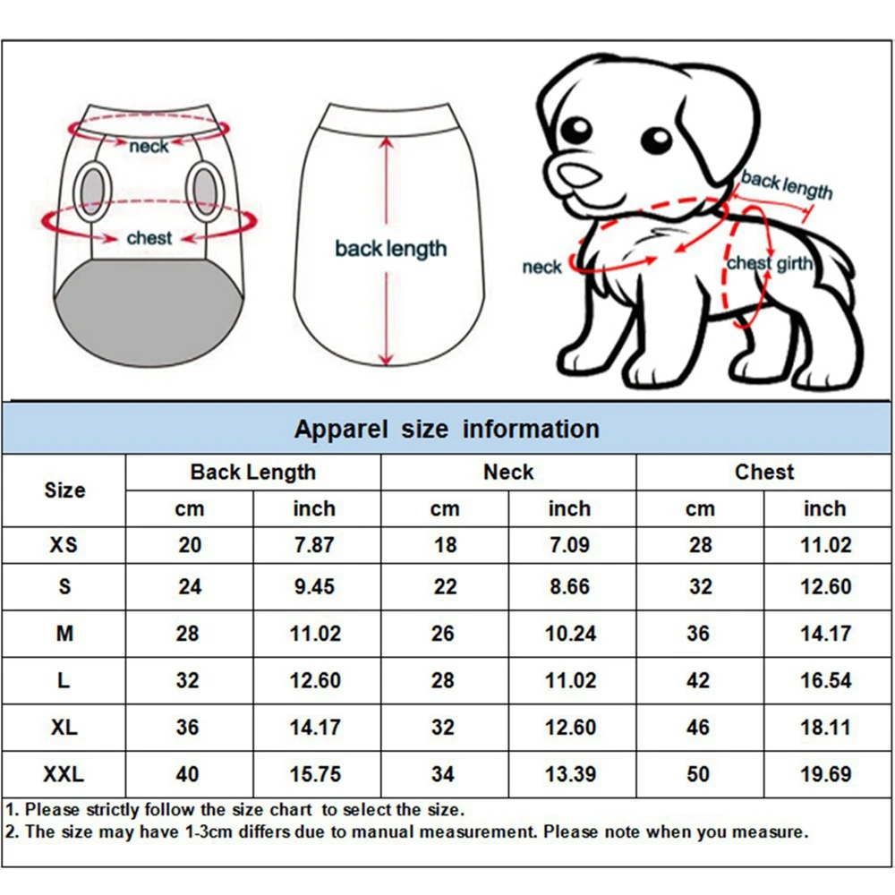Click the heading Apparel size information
pyautogui.click(x=447, y=429)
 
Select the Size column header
pyautogui.click(x=65, y=490)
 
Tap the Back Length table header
pyautogui.click(x=253, y=472)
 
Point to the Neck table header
pyautogui.click(x=508, y=472)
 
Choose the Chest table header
pyautogui.click(x=764, y=472)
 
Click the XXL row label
pyautogui.click(x=64, y=774)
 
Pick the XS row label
pyautogui.click(x=64, y=544)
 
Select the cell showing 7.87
pyautogui.click(x=314, y=544)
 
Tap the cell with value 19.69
pyautogui.click(x=826, y=774)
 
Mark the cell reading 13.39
pyautogui.click(x=570, y=774)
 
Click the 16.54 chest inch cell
pyautogui.click(x=826, y=680)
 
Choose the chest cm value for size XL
pyautogui.click(x=698, y=727)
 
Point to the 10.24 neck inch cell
pyautogui.click(x=570, y=634)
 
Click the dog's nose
pyautogui.click(x=578, y=175)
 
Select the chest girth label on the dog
pyautogui.click(x=770, y=263)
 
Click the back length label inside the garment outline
pyautogui.click(x=390, y=249)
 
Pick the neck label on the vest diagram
pyautogui.click(x=149, y=147)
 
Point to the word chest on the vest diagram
pyautogui.click(x=149, y=237)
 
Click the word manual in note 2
pyautogui.click(x=384, y=831)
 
